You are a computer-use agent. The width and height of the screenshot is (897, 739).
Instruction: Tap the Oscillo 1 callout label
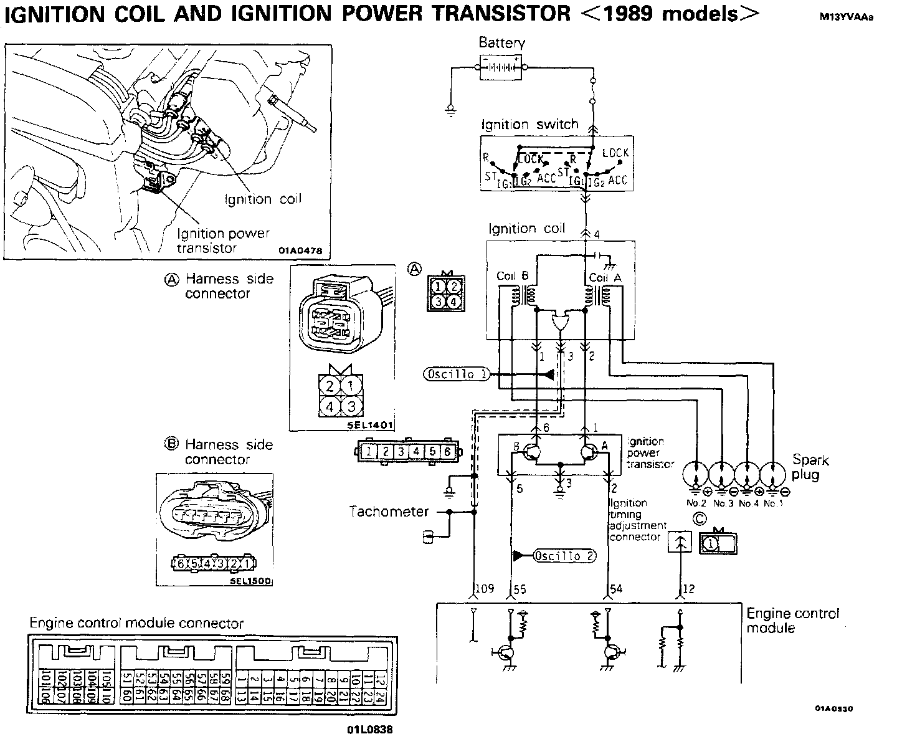[457, 374]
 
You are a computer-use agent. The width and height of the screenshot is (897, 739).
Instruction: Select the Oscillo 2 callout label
[564, 556]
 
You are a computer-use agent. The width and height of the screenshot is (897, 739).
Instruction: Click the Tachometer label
[389, 512]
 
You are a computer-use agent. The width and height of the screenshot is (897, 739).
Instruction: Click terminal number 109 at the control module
[485, 589]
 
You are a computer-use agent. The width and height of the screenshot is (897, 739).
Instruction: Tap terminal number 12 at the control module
[688, 589]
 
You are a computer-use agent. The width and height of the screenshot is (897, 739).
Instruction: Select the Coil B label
[513, 275]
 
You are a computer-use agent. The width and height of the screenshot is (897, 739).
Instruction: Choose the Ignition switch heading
[530, 124]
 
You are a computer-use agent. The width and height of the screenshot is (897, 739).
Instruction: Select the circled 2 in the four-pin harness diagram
[331, 384]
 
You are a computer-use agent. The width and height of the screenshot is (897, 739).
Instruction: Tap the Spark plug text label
[810, 467]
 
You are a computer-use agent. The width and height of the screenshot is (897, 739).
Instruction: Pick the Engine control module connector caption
[136, 623]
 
